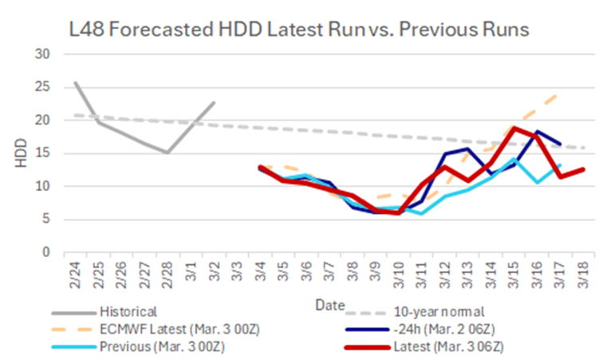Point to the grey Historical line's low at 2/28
(x=167, y=152)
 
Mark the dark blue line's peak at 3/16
(x=538, y=132)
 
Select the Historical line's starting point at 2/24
(x=74, y=82)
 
